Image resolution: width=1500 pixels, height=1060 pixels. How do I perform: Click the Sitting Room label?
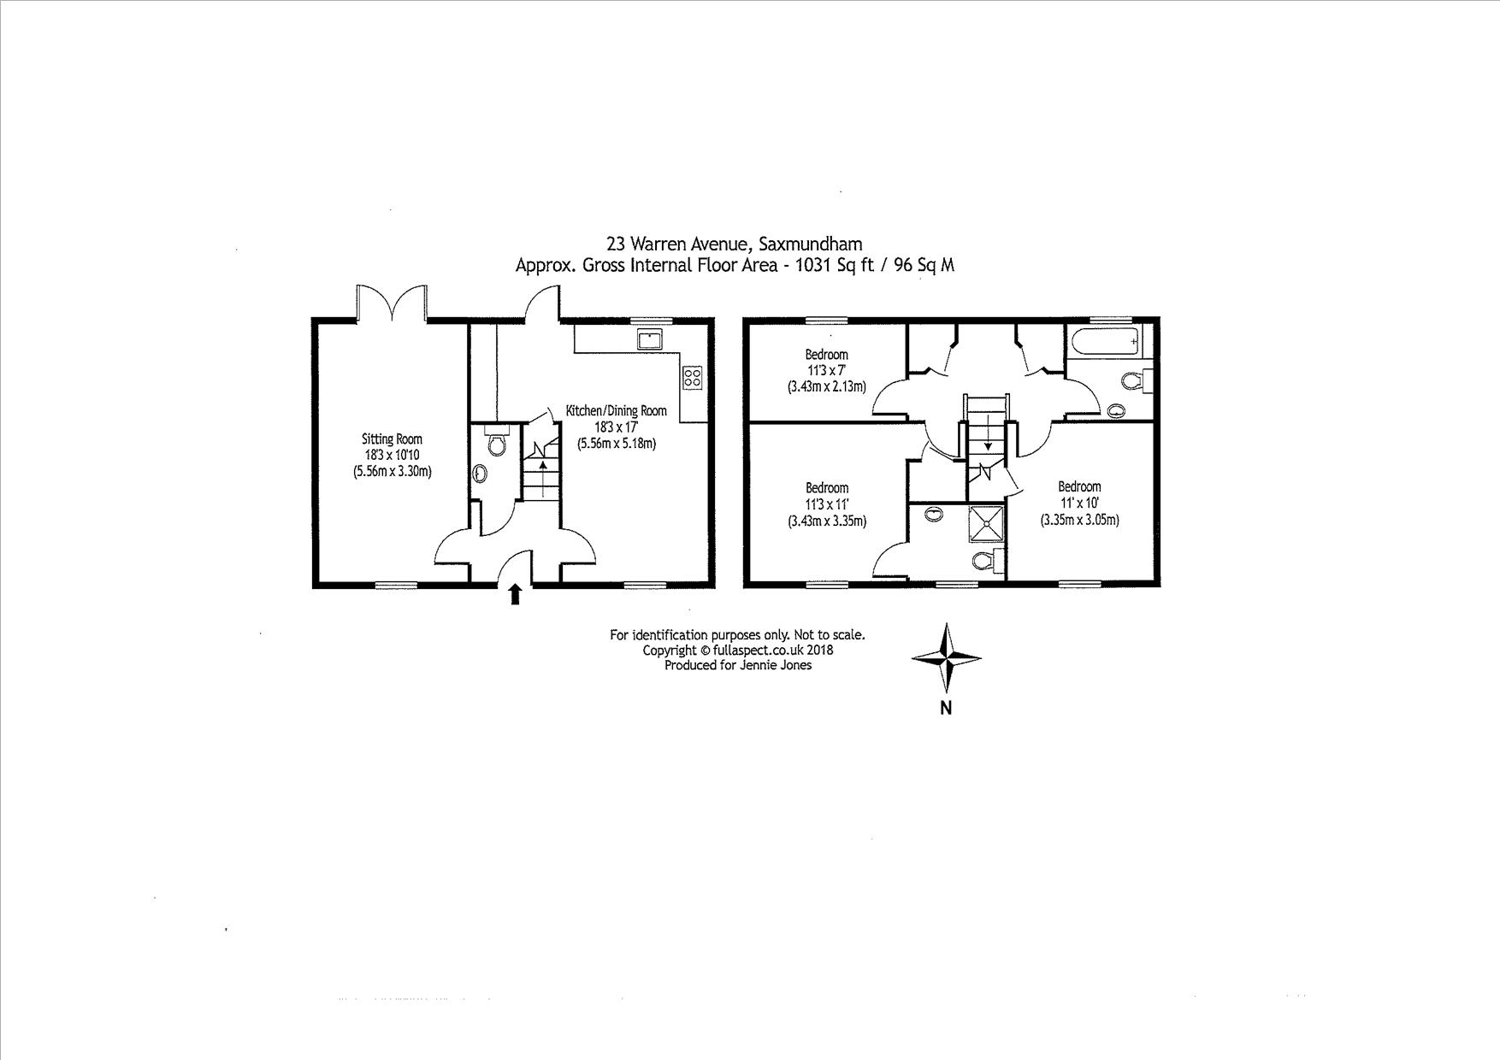(x=392, y=439)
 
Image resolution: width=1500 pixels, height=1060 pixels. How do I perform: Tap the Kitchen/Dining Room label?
(x=616, y=411)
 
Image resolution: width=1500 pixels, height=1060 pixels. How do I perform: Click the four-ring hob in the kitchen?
(x=692, y=377)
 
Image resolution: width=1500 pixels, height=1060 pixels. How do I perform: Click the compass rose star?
(x=947, y=657)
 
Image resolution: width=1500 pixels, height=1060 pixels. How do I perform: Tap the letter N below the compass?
(x=946, y=708)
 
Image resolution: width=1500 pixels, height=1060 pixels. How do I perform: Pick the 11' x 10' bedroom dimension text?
(x=1079, y=503)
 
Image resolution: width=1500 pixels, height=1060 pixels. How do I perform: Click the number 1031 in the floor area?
(x=812, y=265)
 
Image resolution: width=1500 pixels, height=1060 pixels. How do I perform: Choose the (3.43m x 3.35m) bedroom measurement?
(x=826, y=521)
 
